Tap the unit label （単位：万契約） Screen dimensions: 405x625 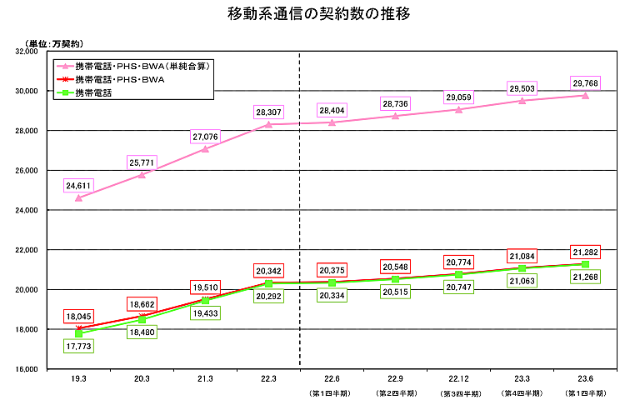55,42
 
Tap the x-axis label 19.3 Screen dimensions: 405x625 78,379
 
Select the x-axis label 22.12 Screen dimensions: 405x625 458,379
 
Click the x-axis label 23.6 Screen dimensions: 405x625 585,379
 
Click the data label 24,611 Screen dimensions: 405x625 78,185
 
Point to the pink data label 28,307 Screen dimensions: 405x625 268,111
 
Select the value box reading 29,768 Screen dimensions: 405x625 585,82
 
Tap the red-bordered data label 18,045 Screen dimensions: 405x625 78,316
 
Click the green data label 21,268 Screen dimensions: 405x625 585,277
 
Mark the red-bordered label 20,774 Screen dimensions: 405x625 458,262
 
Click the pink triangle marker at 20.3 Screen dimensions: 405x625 142,174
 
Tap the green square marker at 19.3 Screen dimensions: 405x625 78,333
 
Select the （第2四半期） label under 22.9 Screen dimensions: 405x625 395,392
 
